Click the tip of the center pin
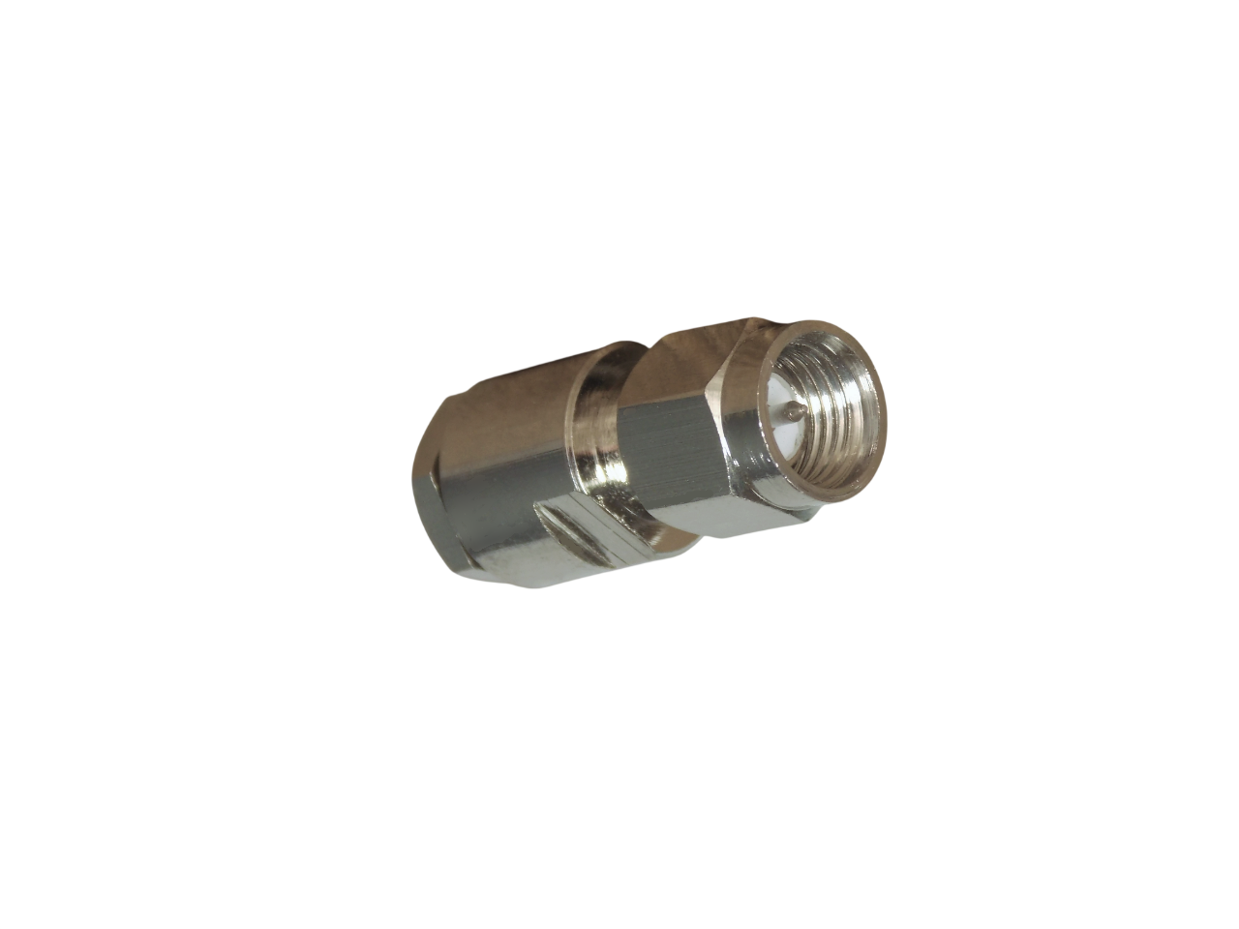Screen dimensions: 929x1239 tap(795, 411)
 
